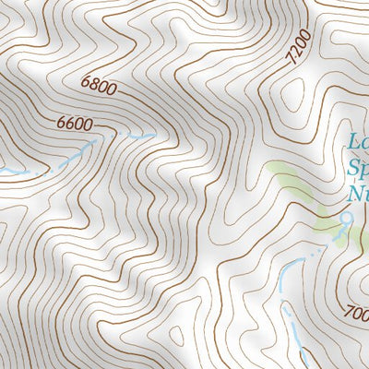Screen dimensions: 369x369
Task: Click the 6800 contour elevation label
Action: (99, 89)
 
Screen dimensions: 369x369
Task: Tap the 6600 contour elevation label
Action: (77, 123)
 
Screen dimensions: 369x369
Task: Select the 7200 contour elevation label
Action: (295, 47)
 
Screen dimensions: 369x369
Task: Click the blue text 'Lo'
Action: (357, 143)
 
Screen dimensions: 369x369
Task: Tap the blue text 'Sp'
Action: (357, 169)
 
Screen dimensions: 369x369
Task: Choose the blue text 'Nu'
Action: (357, 194)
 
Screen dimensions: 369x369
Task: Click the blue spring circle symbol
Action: (347, 218)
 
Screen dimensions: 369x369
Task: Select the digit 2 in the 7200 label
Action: (293, 51)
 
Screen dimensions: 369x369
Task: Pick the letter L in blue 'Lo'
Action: (352, 143)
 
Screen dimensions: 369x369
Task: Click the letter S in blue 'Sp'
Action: (351, 169)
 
